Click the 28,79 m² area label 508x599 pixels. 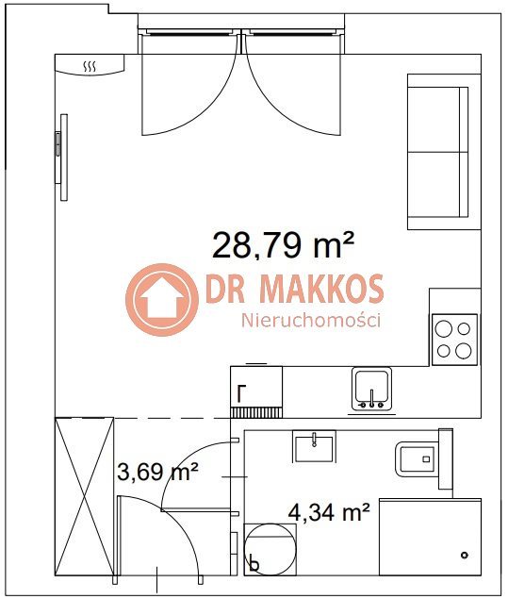[283, 245]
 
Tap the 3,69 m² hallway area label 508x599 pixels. [157, 472]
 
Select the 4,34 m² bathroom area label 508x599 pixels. [329, 512]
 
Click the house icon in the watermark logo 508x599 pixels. [162, 300]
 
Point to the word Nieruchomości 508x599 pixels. [311, 320]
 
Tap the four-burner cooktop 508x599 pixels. [454, 340]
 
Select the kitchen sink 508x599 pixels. [371, 390]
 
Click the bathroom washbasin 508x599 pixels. [314, 446]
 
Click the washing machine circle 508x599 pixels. [270, 549]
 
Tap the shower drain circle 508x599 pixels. [465, 555]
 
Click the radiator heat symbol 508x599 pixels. [90, 67]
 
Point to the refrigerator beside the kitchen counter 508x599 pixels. [256, 391]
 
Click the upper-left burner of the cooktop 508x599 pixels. [444, 329]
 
